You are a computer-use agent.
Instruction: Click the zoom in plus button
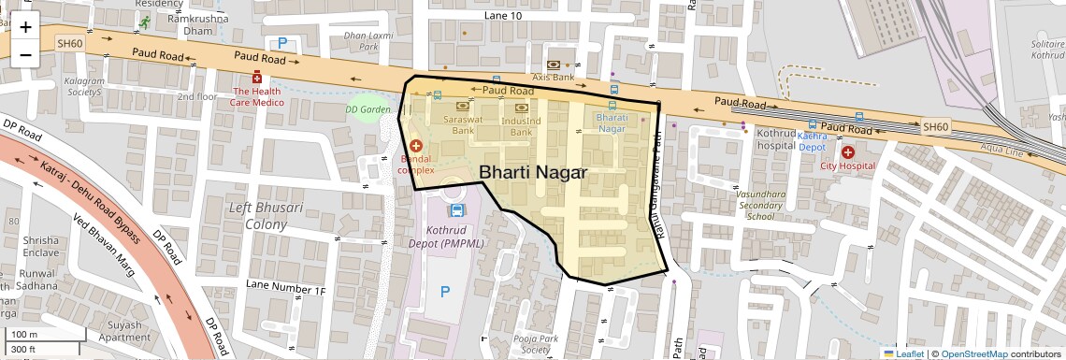[25, 27]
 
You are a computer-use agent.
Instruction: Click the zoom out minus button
[25, 55]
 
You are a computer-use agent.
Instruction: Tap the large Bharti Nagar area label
[532, 173]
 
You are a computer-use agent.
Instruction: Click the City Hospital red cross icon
[847, 151]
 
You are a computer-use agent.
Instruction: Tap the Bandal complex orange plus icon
[415, 146]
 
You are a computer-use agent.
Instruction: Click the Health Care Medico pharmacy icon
[256, 78]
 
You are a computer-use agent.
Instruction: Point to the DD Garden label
[367, 109]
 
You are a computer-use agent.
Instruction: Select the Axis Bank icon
[553, 64]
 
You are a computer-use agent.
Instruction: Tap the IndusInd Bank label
[521, 126]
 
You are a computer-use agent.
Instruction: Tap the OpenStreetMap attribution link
[973, 353]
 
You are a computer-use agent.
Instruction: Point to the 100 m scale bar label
[25, 335]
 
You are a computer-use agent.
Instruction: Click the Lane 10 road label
[502, 16]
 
